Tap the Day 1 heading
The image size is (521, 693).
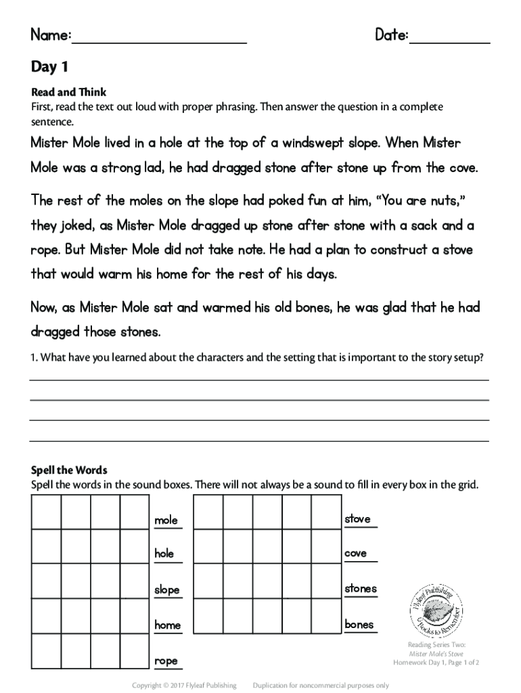coord(49,67)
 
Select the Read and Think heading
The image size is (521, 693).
coord(69,92)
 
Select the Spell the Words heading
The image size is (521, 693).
coord(70,470)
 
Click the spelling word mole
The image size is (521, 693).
coord(166,520)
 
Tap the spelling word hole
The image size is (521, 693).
coord(164,554)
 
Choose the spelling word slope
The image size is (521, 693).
coord(167,590)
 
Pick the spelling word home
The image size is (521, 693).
coord(167,625)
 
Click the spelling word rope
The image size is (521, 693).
coord(166,661)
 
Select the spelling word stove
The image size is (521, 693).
coord(357,519)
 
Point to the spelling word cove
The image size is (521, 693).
coord(356,554)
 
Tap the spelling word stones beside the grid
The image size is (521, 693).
coord(361,589)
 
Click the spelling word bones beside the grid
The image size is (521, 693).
coord(359,625)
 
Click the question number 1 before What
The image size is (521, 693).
coord(34,358)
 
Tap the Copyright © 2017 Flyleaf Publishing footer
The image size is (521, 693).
coord(184,686)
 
